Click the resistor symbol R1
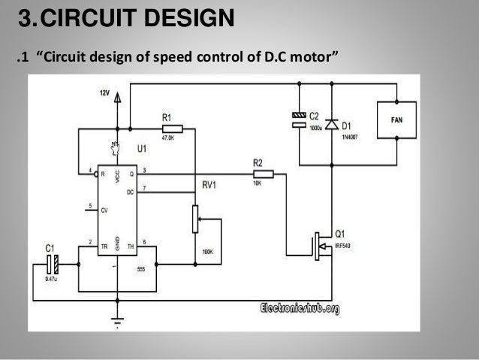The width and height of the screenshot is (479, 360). tap(177, 129)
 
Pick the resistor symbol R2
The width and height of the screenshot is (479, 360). tap(262, 174)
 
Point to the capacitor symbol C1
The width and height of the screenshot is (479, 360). tap(52, 263)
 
